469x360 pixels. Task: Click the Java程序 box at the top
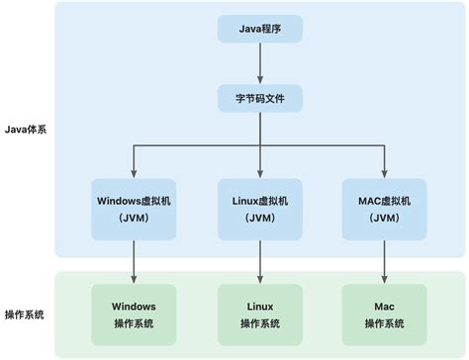[260, 31]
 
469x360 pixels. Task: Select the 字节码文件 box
[260, 100]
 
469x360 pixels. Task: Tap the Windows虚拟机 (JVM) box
[134, 209]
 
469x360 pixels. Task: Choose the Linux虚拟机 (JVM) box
[260, 209]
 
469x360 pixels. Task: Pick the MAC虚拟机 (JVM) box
[385, 209]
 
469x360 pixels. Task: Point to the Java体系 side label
[28, 130]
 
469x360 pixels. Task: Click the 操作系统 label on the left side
[28, 314]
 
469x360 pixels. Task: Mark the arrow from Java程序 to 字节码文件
[260, 64]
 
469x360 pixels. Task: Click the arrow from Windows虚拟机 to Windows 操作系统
[134, 261]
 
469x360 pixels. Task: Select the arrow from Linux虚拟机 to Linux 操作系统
[260, 261]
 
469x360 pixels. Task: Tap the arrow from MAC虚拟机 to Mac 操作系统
[385, 261]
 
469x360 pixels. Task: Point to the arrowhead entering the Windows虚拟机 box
[134, 172]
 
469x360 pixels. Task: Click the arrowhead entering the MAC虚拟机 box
[385, 172]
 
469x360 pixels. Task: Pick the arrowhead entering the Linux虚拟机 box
[260, 172]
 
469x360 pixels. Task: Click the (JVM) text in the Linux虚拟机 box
[260, 219]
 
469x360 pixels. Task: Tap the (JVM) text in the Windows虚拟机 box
[134, 219]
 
